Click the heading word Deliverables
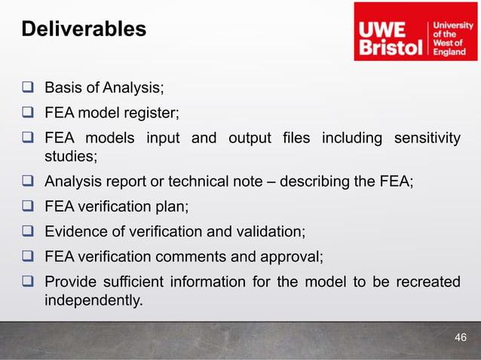(x=83, y=29)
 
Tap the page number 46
(x=461, y=337)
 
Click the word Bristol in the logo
(x=391, y=48)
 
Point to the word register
(x=153, y=114)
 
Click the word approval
(x=295, y=257)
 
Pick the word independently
(x=93, y=300)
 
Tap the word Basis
(x=63, y=89)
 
